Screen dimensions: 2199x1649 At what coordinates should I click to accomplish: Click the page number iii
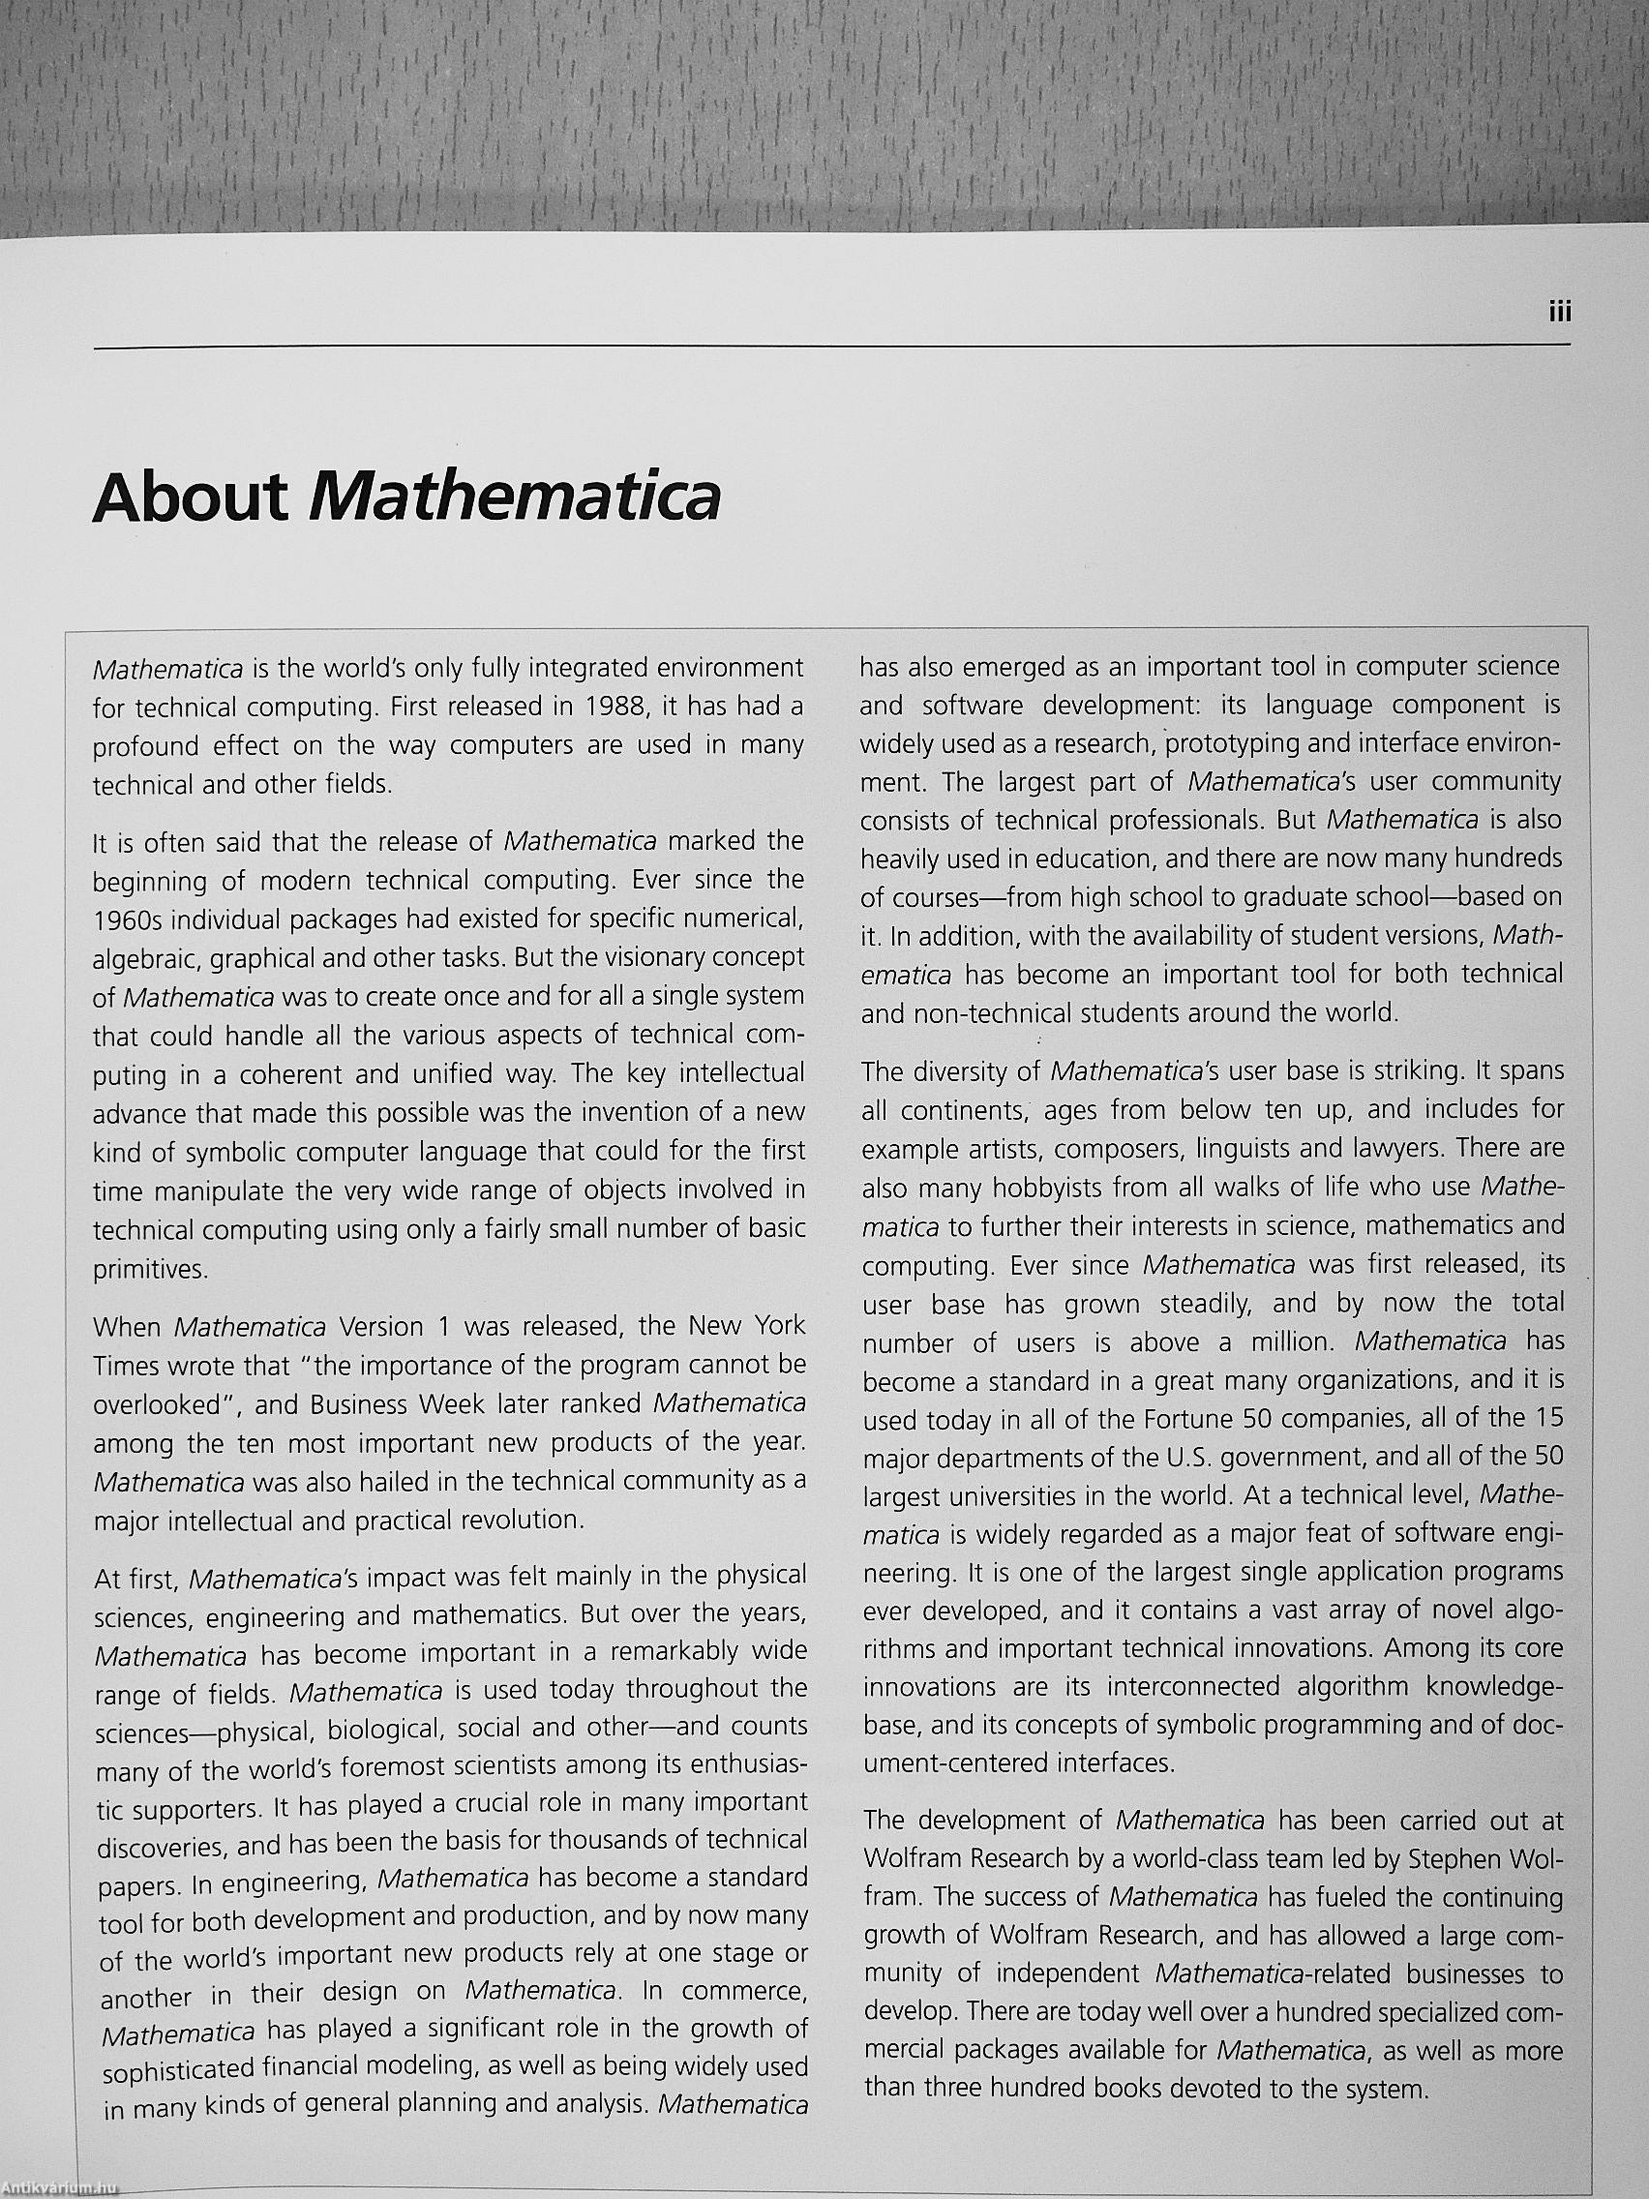click(1560, 313)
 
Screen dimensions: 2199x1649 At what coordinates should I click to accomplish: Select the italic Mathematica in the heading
click(513, 497)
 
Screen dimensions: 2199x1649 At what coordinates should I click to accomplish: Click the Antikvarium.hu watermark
click(60, 2188)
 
